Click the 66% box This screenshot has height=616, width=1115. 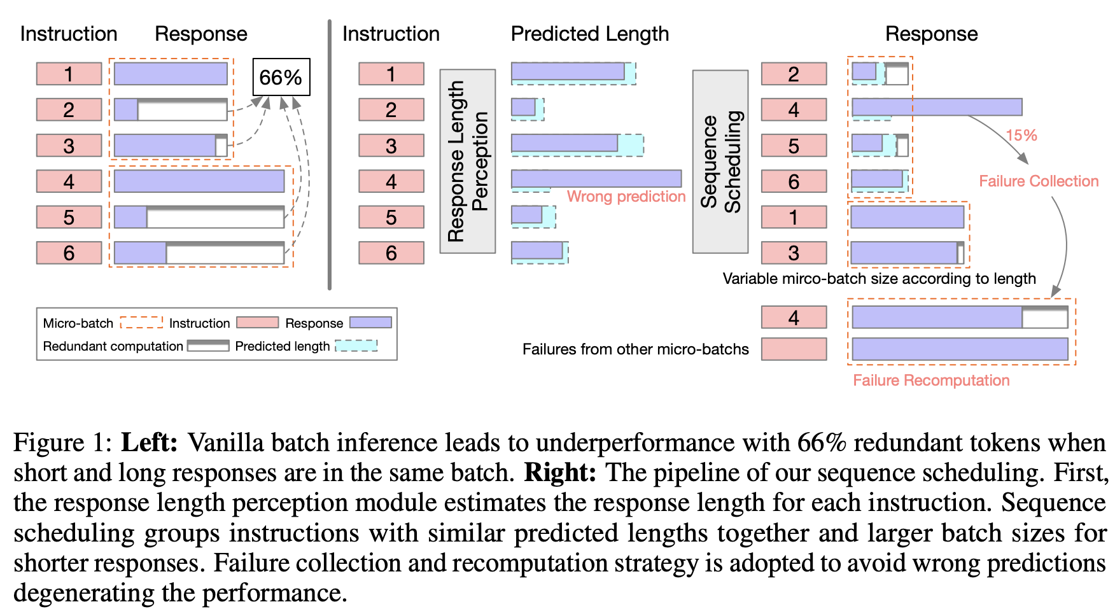click(x=281, y=77)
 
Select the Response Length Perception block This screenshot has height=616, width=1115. click(x=467, y=161)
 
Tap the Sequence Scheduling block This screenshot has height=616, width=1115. click(x=720, y=161)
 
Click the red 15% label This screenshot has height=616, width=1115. click(x=1021, y=135)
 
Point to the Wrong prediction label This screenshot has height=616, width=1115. click(x=626, y=197)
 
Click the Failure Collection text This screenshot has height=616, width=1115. click(x=1038, y=181)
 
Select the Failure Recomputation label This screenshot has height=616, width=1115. click(x=930, y=381)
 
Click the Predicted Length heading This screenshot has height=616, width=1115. click(x=589, y=34)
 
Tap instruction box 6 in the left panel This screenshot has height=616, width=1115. click(x=69, y=253)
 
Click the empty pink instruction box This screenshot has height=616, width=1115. click(x=794, y=349)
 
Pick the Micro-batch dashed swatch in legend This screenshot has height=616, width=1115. click(x=141, y=323)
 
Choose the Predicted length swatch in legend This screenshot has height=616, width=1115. click(x=356, y=346)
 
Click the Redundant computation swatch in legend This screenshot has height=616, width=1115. click(x=207, y=346)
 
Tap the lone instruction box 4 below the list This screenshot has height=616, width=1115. click(x=794, y=317)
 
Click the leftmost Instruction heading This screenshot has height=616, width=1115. click(x=69, y=34)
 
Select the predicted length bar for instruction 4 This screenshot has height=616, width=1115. click(x=596, y=179)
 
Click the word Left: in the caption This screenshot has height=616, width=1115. click(x=149, y=442)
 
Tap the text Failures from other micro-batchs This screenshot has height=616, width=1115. click(x=635, y=349)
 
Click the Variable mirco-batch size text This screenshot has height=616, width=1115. click(x=878, y=279)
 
